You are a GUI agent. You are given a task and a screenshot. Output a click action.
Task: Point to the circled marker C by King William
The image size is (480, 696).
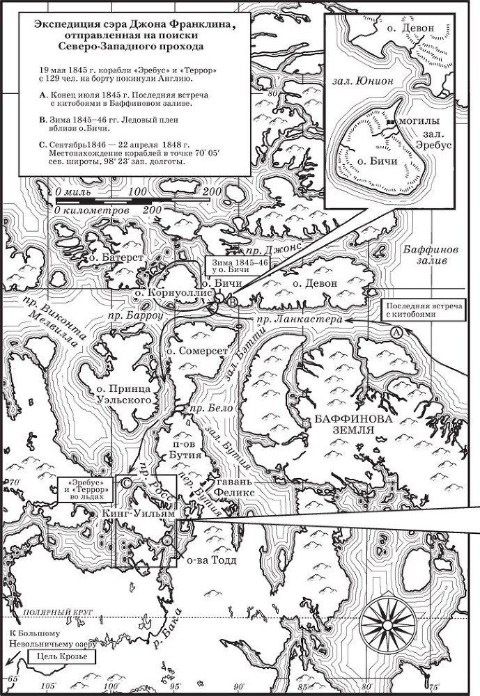tap(127, 482)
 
